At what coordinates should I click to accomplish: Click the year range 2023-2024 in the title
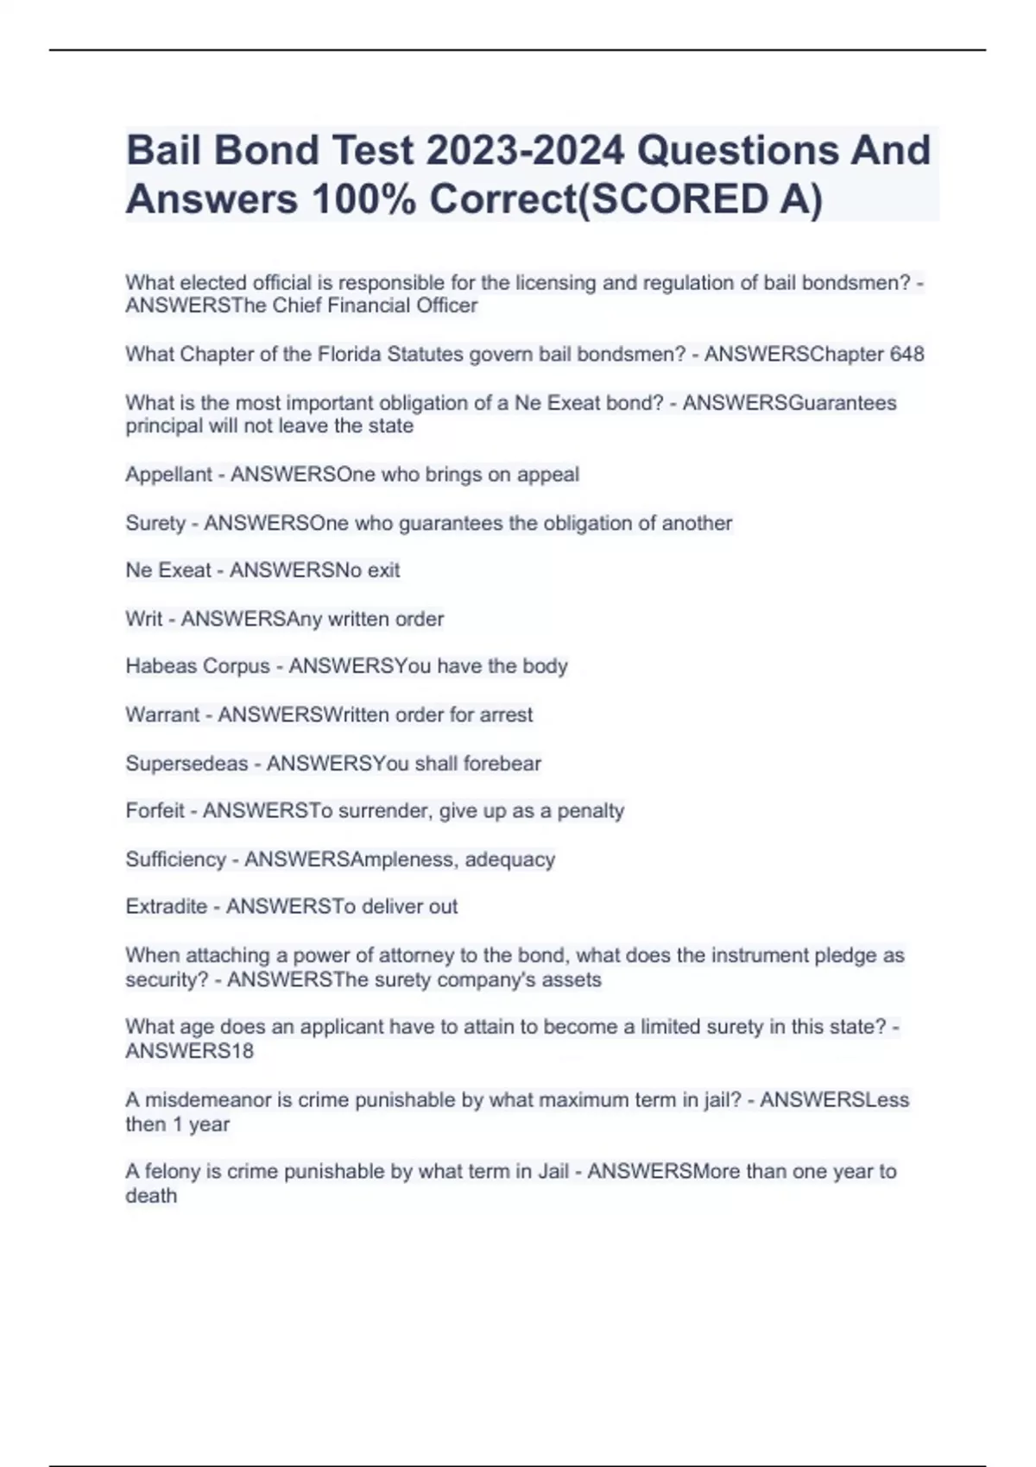coord(525,150)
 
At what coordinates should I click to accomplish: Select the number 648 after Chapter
coord(906,354)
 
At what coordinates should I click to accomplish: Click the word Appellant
coord(168,474)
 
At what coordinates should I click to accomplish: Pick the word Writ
coord(143,619)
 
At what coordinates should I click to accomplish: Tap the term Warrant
coord(162,715)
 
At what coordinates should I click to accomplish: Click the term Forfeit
coord(155,810)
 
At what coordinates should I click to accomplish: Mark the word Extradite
coord(167,906)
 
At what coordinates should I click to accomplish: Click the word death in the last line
coord(151,1195)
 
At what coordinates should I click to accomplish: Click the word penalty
coord(591,810)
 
